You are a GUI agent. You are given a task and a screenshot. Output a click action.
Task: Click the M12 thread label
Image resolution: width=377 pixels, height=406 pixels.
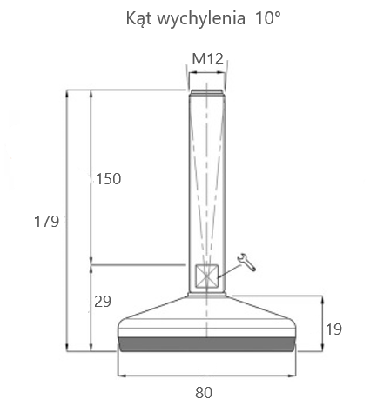point(208,59)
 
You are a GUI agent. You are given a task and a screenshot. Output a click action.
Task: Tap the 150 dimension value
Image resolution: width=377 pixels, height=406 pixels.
point(108,178)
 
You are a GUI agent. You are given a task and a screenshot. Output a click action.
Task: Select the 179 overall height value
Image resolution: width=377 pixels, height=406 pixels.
point(46,222)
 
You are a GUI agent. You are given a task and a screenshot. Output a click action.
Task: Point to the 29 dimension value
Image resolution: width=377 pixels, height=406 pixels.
point(103,302)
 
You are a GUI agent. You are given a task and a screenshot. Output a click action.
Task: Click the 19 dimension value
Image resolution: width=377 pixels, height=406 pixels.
point(333,329)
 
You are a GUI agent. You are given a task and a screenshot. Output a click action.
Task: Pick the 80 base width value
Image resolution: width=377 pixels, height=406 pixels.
point(204,392)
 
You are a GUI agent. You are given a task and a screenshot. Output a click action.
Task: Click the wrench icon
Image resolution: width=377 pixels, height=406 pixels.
point(246,262)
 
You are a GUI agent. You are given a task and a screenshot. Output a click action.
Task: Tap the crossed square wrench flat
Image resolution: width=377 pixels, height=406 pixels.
point(206,276)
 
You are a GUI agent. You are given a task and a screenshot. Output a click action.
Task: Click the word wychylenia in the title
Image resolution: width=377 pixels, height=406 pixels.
point(201,19)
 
